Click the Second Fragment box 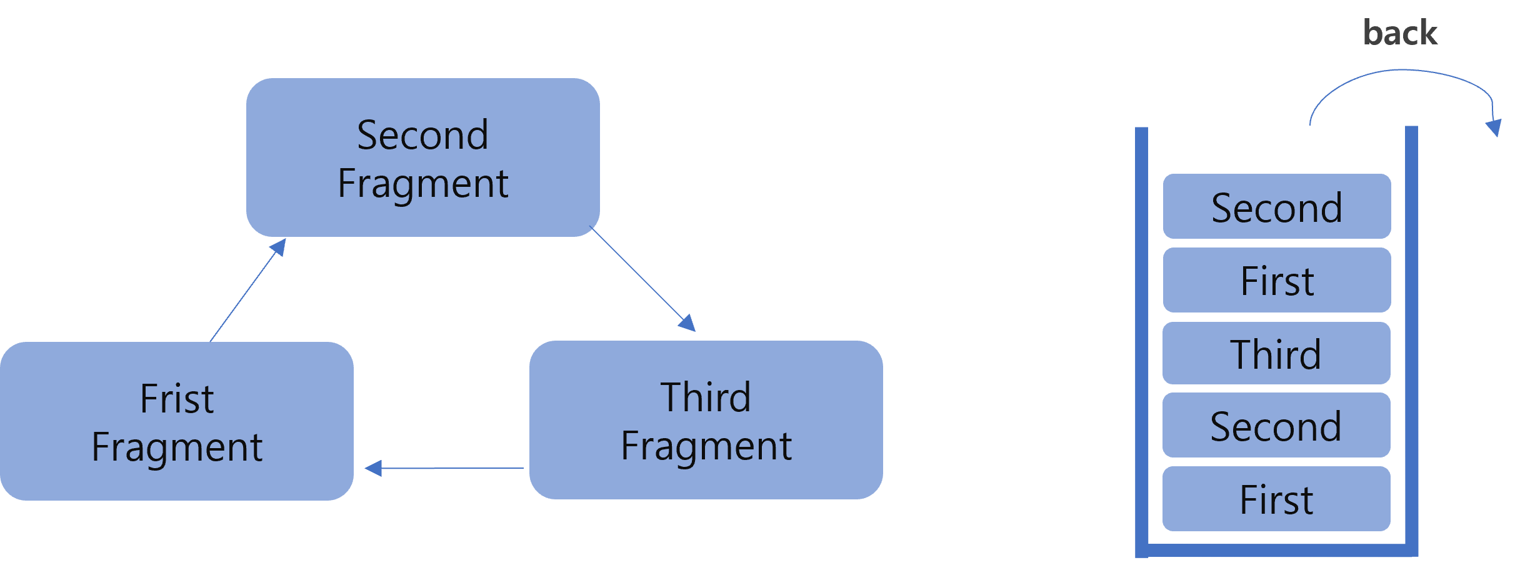422,157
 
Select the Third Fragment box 706,420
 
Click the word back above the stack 1399,32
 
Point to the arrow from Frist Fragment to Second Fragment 244,294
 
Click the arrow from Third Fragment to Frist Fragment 450,467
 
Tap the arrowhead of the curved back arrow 1494,127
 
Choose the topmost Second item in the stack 1276,207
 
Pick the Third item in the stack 1276,354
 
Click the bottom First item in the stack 1276,499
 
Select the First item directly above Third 1276,281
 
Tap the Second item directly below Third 1276,426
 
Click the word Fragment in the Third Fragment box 706,446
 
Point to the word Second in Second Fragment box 422,135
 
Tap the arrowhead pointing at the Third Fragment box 688,324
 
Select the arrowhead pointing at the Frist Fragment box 373,468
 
